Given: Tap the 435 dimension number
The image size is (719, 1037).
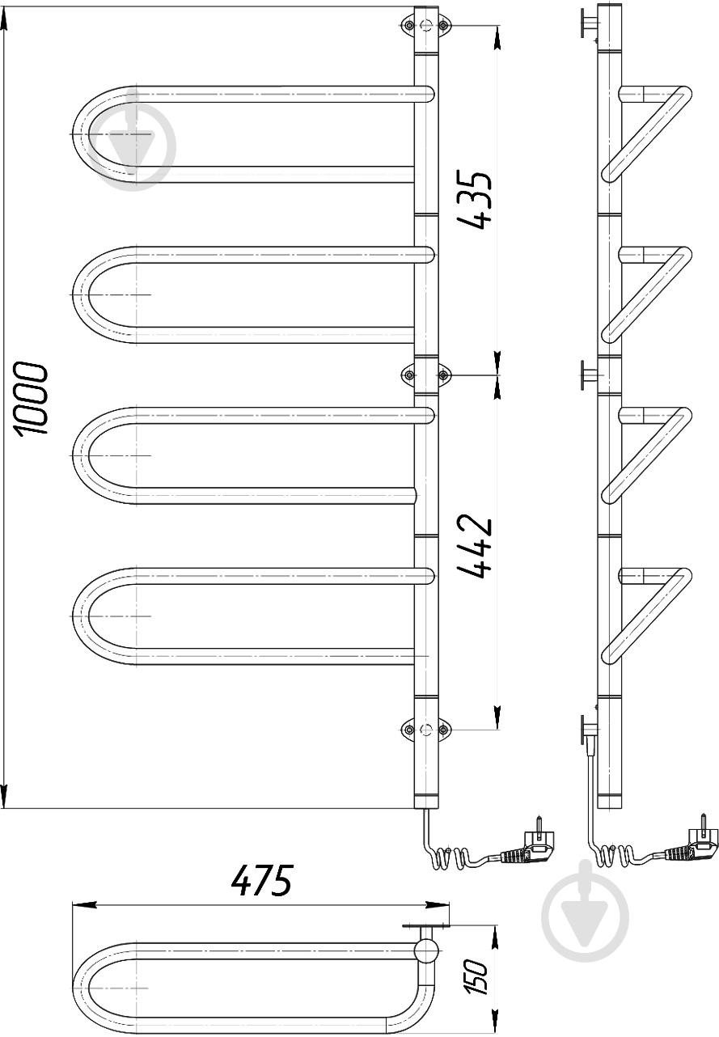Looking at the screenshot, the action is click(474, 200).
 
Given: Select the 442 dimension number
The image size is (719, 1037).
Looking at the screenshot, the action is click(474, 547).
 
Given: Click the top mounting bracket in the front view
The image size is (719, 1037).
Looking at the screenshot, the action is click(425, 24).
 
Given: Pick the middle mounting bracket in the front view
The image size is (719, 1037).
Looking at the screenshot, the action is click(425, 374).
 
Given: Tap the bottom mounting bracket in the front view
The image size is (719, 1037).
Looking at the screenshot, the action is click(425, 730).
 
